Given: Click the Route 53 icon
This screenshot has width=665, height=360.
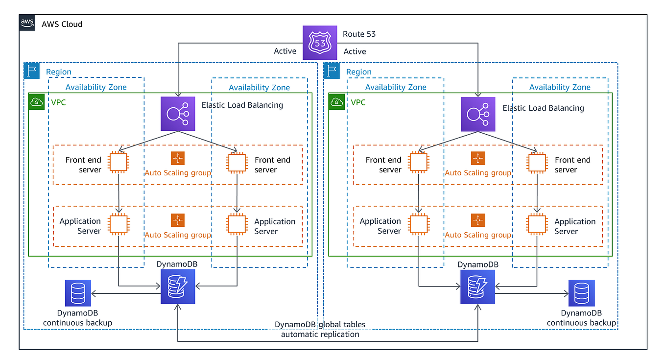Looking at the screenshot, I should point(320,43).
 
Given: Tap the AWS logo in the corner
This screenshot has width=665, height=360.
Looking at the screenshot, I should point(27,23).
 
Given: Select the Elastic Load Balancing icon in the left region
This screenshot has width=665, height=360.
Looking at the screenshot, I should point(178,114).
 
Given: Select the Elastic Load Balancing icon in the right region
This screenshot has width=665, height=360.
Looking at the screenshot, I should point(478,114).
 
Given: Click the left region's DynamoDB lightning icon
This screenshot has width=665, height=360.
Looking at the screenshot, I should point(178,287).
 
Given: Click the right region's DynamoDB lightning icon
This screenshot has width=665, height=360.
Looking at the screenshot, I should point(477,287).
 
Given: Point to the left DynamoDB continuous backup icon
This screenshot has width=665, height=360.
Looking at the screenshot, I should point(78,293).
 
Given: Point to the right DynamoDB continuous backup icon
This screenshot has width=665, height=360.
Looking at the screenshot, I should point(581,293).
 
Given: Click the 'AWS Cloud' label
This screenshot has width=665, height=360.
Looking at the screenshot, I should point(62,24).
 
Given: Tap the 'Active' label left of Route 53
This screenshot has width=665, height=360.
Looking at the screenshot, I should point(285,51).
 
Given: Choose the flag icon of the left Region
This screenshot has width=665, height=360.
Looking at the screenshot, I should point(32,71).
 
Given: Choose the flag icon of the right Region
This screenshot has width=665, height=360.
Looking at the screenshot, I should point(332,71).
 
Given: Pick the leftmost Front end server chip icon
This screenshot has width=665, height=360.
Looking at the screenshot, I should point(119,162).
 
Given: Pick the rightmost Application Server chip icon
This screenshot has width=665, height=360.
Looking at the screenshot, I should point(537,224).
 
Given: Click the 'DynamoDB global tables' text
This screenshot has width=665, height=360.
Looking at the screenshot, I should point(320,324).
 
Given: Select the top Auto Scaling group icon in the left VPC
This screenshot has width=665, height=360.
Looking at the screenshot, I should point(178,158).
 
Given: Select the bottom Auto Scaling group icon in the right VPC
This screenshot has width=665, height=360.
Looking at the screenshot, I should point(477,220).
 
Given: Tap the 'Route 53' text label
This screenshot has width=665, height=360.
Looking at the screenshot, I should point(360,34).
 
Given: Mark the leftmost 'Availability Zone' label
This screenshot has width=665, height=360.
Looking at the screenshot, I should point(96,87).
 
